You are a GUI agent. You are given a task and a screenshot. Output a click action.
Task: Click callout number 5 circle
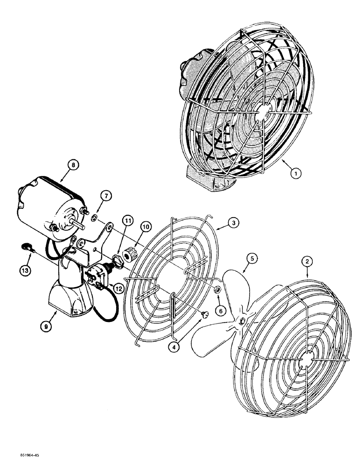[252, 257]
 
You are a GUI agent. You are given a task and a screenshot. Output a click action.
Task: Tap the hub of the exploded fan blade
[242, 320]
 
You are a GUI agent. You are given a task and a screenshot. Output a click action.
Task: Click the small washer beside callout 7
[95, 216]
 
